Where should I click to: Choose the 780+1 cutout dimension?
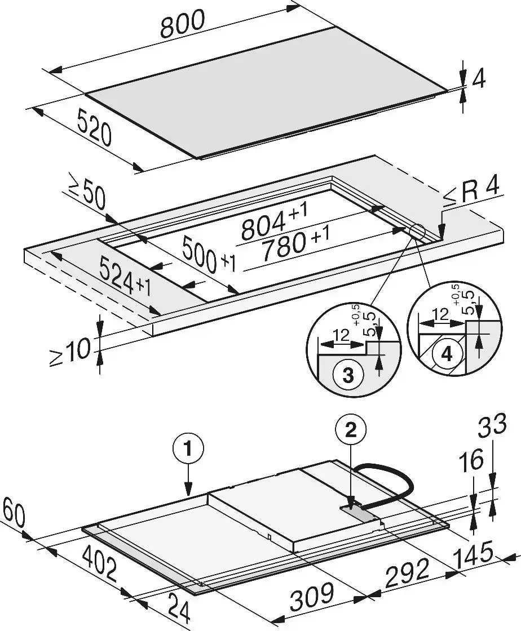point(295,244)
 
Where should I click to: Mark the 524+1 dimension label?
point(125,277)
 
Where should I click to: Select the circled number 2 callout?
point(351,430)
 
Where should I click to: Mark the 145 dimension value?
point(473,554)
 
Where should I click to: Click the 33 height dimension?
point(492,425)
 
